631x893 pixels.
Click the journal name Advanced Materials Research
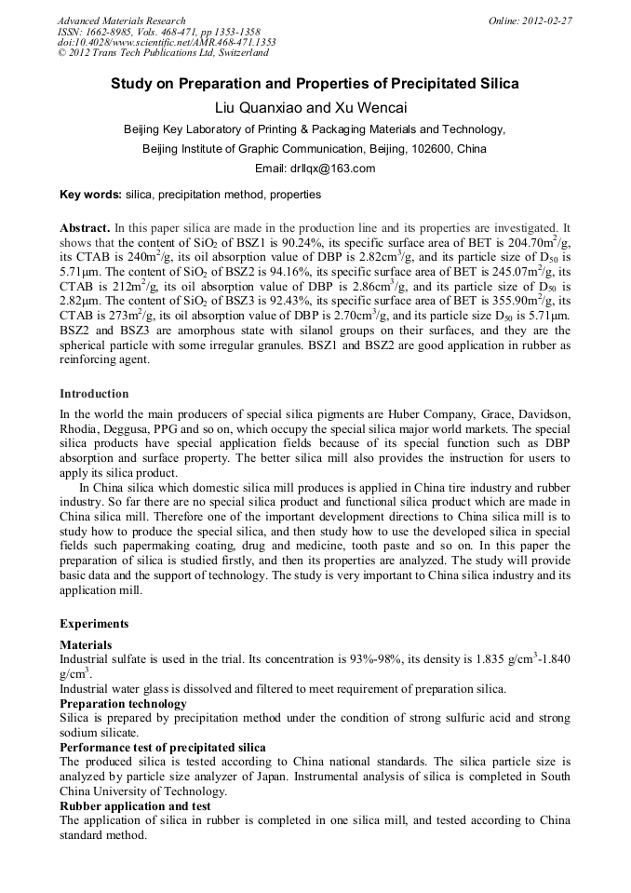(121, 20)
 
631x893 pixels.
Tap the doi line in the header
(167, 42)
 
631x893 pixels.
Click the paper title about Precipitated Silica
(315, 84)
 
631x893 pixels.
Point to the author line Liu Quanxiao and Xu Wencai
(315, 108)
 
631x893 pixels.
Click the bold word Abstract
(85, 227)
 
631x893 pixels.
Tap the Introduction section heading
(94, 394)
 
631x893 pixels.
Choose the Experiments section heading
(94, 623)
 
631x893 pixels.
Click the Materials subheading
(86, 644)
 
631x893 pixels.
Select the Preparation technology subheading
(123, 703)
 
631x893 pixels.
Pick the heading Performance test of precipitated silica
(162, 748)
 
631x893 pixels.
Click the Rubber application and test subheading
(134, 805)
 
